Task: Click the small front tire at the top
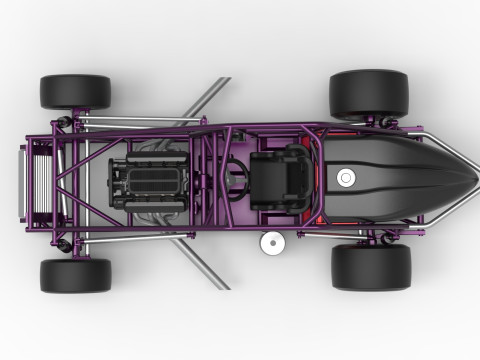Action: tap(75, 91)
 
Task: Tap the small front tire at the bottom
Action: tap(75, 275)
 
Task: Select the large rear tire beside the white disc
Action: tap(370, 267)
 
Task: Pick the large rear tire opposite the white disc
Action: tap(369, 94)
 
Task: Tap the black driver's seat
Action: tap(274, 179)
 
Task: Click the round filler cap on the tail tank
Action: tap(346, 178)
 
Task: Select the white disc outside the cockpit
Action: tap(269, 241)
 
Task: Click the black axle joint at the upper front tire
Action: tap(66, 122)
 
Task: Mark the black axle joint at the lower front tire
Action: tap(66, 243)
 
